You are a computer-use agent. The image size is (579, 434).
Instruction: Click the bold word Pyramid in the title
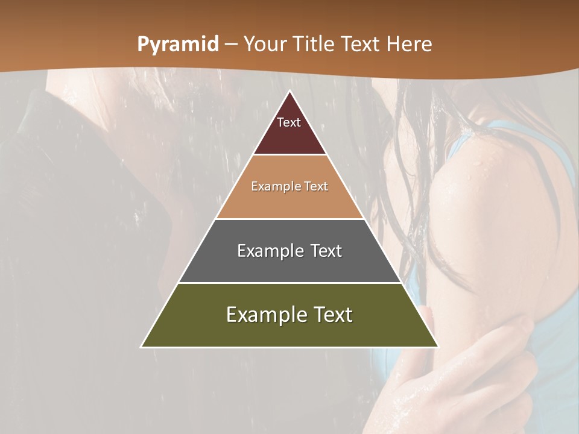[178, 45]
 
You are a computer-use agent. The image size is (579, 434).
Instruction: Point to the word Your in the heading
[265, 45]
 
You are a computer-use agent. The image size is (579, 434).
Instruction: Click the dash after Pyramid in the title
[231, 45]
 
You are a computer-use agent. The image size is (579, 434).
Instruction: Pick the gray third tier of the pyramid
[289, 265]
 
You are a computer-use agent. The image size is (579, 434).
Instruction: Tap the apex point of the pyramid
[289, 92]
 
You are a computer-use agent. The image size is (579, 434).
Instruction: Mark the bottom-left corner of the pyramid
[142, 347]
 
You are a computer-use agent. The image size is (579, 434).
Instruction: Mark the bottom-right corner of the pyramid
[438, 347]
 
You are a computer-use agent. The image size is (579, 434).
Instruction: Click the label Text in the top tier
[289, 122]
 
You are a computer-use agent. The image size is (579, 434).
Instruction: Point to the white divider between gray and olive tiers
[289, 283]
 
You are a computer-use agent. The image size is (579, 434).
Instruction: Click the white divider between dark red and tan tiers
[289, 155]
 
